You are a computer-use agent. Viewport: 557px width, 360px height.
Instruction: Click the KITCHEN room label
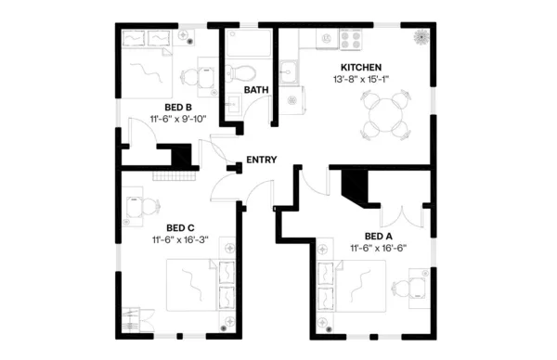(x=362, y=68)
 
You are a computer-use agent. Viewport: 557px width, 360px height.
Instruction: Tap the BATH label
(x=256, y=90)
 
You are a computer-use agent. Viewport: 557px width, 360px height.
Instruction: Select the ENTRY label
(x=262, y=161)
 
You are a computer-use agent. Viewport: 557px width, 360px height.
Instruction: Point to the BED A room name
(x=379, y=236)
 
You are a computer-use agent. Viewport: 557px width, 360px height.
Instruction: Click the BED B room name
(x=179, y=107)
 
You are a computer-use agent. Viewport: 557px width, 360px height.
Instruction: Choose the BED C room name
(x=180, y=227)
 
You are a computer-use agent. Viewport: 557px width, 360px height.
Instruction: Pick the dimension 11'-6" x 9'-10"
(x=179, y=119)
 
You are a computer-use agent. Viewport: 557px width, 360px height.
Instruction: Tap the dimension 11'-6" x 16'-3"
(x=180, y=239)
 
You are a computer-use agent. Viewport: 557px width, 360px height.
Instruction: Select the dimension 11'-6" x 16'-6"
(x=379, y=248)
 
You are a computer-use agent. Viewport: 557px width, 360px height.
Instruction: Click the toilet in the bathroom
(x=240, y=73)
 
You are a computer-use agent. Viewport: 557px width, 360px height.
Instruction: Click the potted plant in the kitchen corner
(x=421, y=39)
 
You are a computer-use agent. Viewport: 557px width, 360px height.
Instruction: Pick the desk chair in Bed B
(x=189, y=78)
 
